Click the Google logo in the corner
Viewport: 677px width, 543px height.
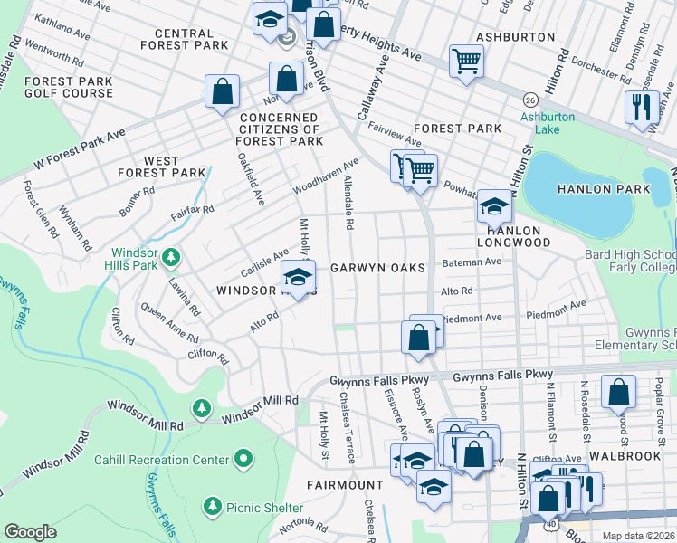tap(30, 532)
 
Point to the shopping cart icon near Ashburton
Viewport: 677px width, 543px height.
tap(467, 62)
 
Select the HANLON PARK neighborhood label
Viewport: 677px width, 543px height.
tap(604, 189)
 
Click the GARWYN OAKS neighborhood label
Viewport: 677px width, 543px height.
tap(377, 268)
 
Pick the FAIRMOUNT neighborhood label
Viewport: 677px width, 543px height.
tap(346, 485)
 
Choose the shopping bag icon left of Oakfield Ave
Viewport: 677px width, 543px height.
tap(222, 90)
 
